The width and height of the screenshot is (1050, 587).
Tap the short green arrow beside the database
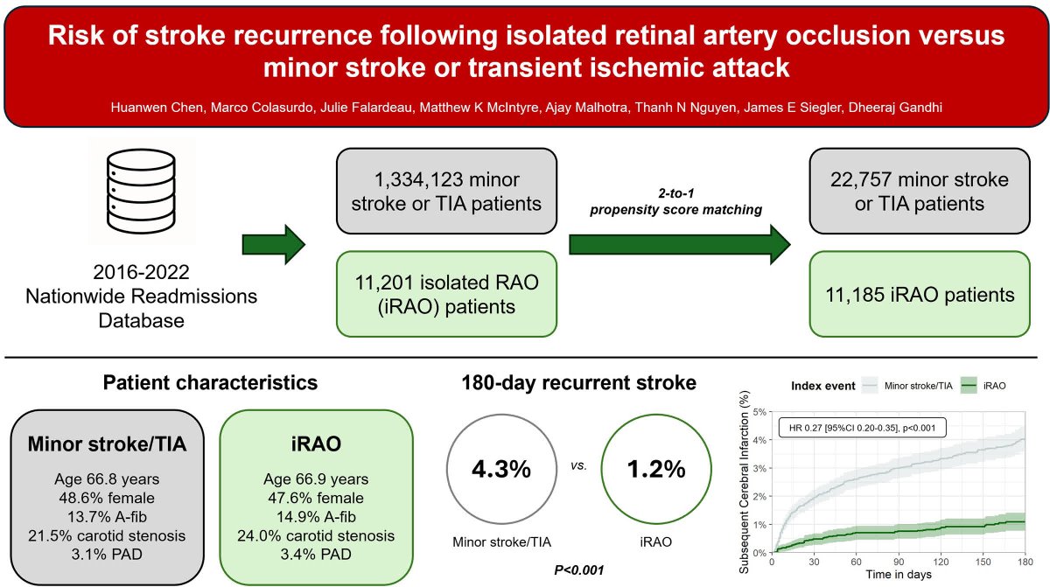tap(273, 242)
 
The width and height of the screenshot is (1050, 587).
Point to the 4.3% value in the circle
tap(501, 469)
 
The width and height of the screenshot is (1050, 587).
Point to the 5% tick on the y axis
tap(759, 411)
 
